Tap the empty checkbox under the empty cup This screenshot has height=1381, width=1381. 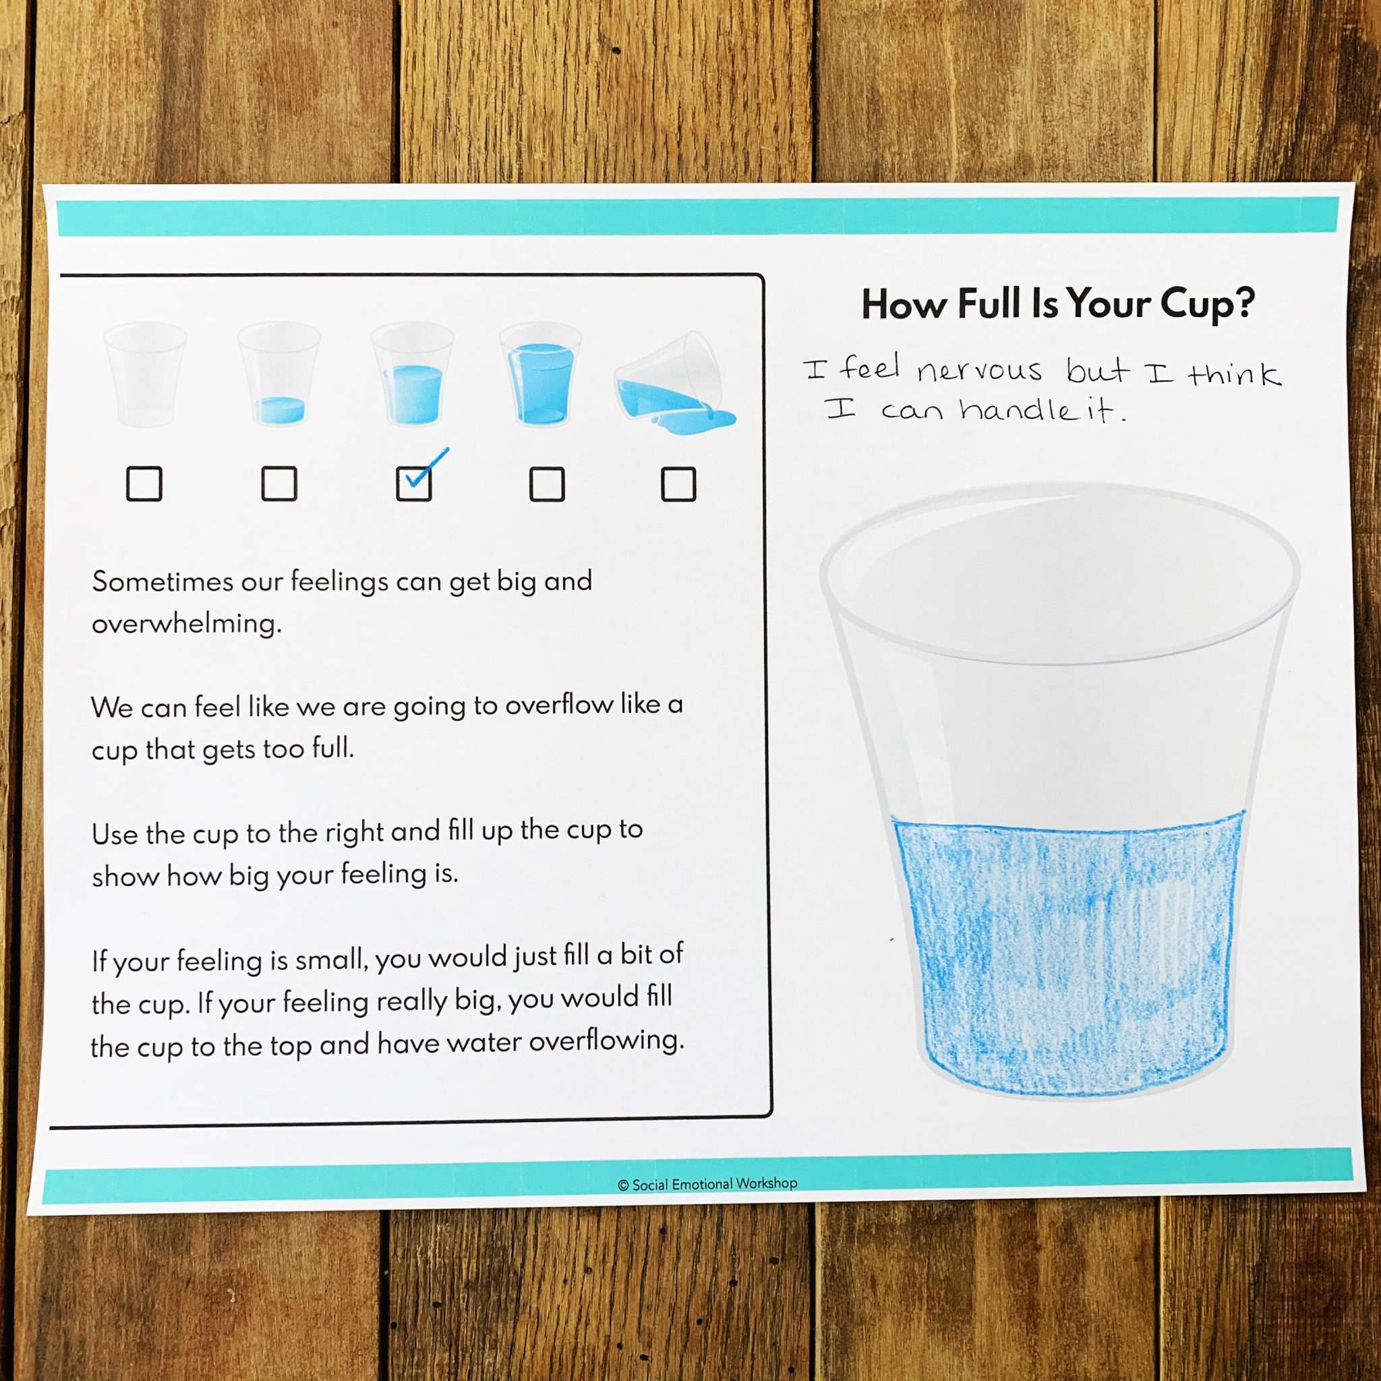(144, 484)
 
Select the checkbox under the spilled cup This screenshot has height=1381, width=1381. (678, 484)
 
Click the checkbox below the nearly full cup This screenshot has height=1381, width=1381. (547, 484)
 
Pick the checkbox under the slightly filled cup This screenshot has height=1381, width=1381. (278, 484)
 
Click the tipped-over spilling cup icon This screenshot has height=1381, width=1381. (675, 383)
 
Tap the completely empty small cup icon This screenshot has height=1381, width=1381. (145, 374)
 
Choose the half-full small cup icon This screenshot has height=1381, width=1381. (413, 374)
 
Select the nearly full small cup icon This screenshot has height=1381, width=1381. (539, 374)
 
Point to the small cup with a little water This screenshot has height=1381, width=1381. (278, 374)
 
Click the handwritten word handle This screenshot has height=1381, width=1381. (1017, 409)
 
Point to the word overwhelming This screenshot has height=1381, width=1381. (187, 624)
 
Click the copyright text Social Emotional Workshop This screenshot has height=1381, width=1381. (707, 1184)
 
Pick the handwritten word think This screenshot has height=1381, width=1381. (1235, 373)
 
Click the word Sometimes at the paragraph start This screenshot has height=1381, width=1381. (163, 582)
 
